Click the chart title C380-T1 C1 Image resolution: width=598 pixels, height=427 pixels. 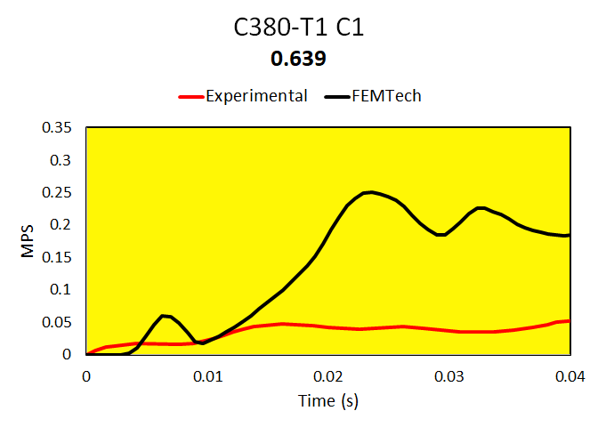(x=299, y=28)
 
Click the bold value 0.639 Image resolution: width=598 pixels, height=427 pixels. (x=299, y=59)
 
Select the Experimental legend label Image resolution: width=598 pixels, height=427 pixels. (x=256, y=96)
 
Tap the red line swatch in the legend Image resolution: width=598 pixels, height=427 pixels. (x=191, y=96)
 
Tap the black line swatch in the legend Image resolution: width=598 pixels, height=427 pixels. (x=339, y=96)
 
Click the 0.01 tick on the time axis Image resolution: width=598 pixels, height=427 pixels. (x=207, y=375)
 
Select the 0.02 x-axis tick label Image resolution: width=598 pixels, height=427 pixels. (x=328, y=375)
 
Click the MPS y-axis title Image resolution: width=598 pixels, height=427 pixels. (x=28, y=241)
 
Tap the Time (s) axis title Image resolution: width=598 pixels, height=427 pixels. (x=327, y=401)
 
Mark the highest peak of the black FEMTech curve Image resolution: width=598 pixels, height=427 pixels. (x=370, y=192)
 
